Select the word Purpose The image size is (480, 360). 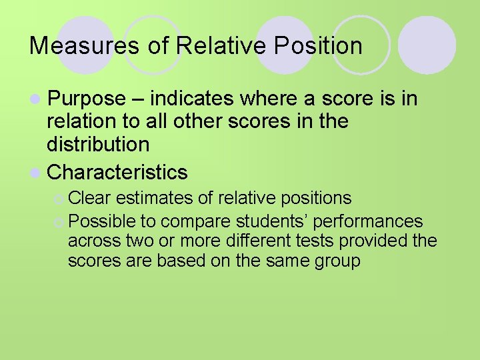87,99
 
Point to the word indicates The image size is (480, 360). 192,99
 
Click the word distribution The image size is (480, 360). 98,145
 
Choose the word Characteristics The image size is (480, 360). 117,172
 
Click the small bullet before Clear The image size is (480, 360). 59,199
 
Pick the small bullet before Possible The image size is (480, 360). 59,221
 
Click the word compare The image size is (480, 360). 195,221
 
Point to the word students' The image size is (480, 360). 274,221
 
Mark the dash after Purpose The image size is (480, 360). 137,99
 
